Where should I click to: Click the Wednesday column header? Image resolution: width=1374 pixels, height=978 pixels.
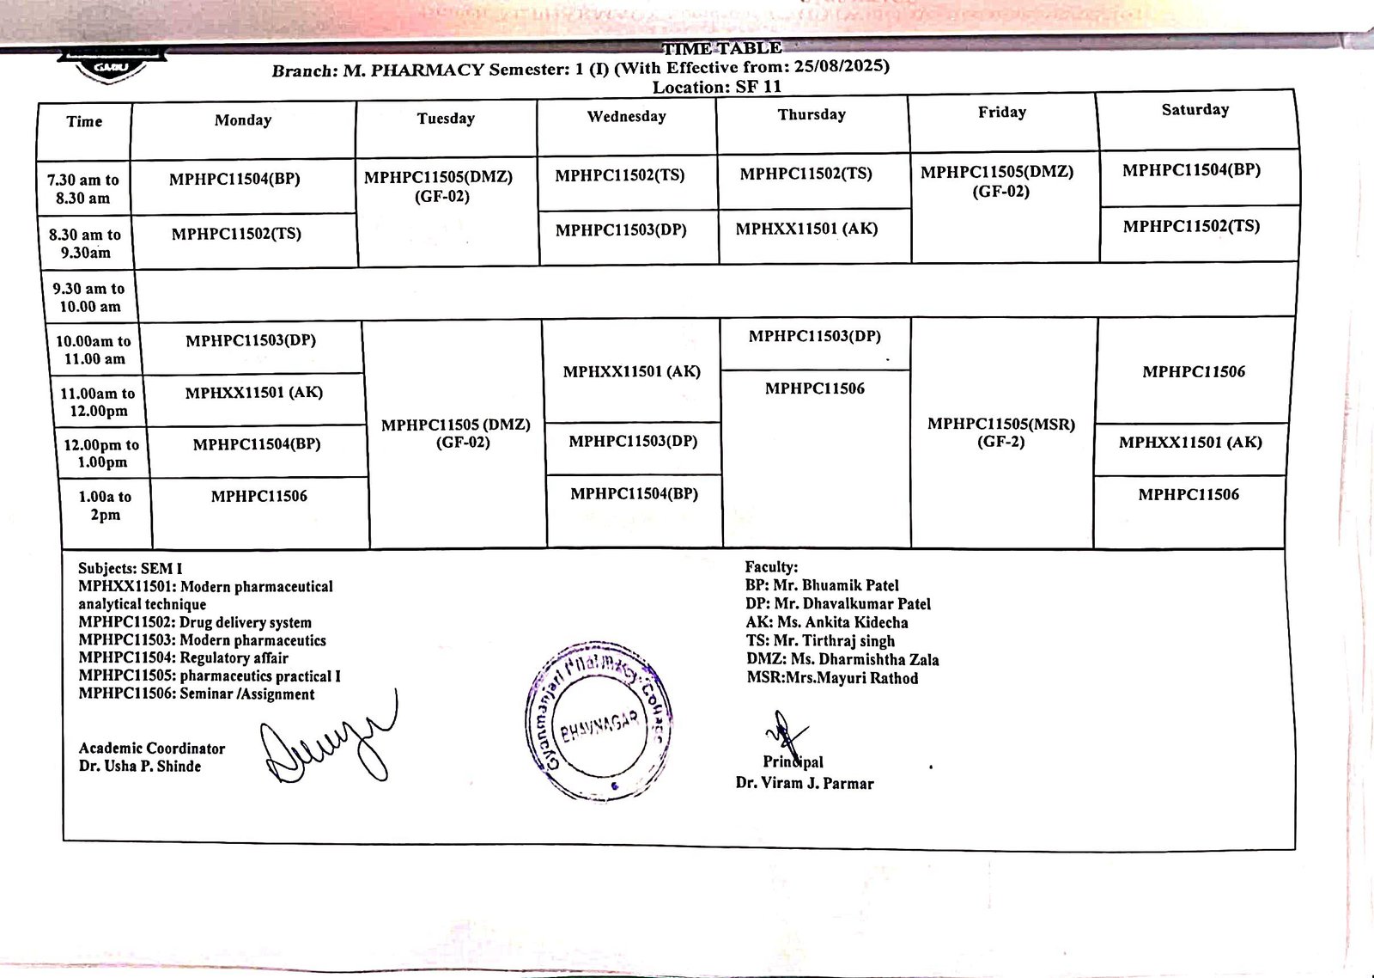626,117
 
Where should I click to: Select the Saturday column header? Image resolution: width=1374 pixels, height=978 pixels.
1195,110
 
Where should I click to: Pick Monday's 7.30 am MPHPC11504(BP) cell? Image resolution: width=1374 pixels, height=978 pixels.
234,180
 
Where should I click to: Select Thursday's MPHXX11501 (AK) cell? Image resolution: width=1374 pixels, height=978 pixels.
806,229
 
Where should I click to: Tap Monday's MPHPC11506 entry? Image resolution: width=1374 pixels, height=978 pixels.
258,497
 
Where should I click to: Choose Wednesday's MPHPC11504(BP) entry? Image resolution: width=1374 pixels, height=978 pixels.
634,494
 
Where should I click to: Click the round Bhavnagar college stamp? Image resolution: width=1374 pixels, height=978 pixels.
599,720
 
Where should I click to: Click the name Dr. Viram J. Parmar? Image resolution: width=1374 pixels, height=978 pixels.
805,784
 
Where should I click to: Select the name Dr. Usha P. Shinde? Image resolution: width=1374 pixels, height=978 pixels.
140,767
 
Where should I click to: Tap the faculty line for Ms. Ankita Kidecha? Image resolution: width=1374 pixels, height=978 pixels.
827,623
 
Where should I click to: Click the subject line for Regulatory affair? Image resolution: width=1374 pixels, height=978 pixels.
183,658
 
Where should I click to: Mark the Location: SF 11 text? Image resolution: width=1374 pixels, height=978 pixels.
716,87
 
